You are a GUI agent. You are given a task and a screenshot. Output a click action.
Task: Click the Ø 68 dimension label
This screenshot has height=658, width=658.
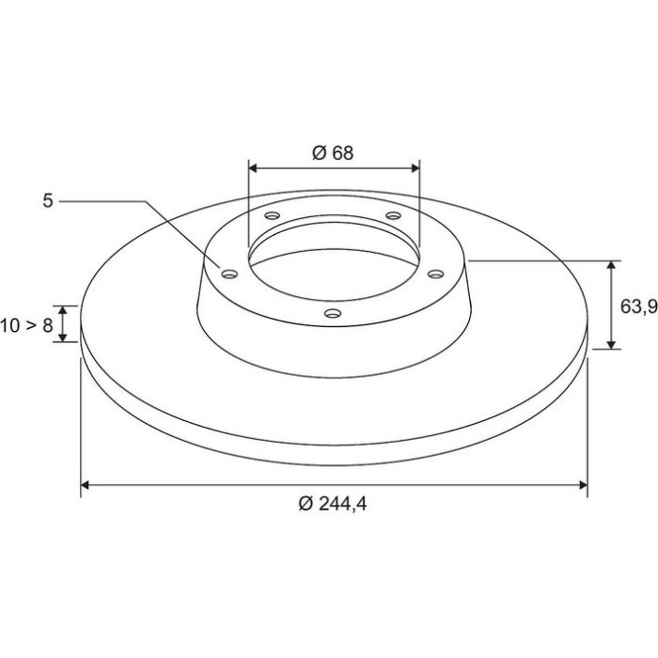[x=333, y=152]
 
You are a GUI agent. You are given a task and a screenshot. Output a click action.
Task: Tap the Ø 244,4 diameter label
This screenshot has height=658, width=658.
[x=333, y=504]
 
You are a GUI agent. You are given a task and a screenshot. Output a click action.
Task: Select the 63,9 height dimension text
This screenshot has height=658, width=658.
[x=638, y=307]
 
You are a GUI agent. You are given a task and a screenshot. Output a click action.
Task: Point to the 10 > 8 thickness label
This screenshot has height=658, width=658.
[x=27, y=325]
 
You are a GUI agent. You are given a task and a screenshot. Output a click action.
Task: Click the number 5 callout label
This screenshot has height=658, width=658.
[x=48, y=201]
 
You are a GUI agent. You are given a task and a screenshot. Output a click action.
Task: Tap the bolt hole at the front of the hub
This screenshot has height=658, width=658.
[x=333, y=313]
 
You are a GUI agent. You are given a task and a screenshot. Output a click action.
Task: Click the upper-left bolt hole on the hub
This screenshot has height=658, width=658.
[x=273, y=215]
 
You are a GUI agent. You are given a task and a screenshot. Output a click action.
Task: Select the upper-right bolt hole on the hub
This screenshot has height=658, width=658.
[x=393, y=215]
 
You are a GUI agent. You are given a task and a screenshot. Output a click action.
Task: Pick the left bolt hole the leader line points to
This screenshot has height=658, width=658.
[x=229, y=274]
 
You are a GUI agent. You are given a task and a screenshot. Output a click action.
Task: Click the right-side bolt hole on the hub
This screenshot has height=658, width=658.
[x=435, y=274]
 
